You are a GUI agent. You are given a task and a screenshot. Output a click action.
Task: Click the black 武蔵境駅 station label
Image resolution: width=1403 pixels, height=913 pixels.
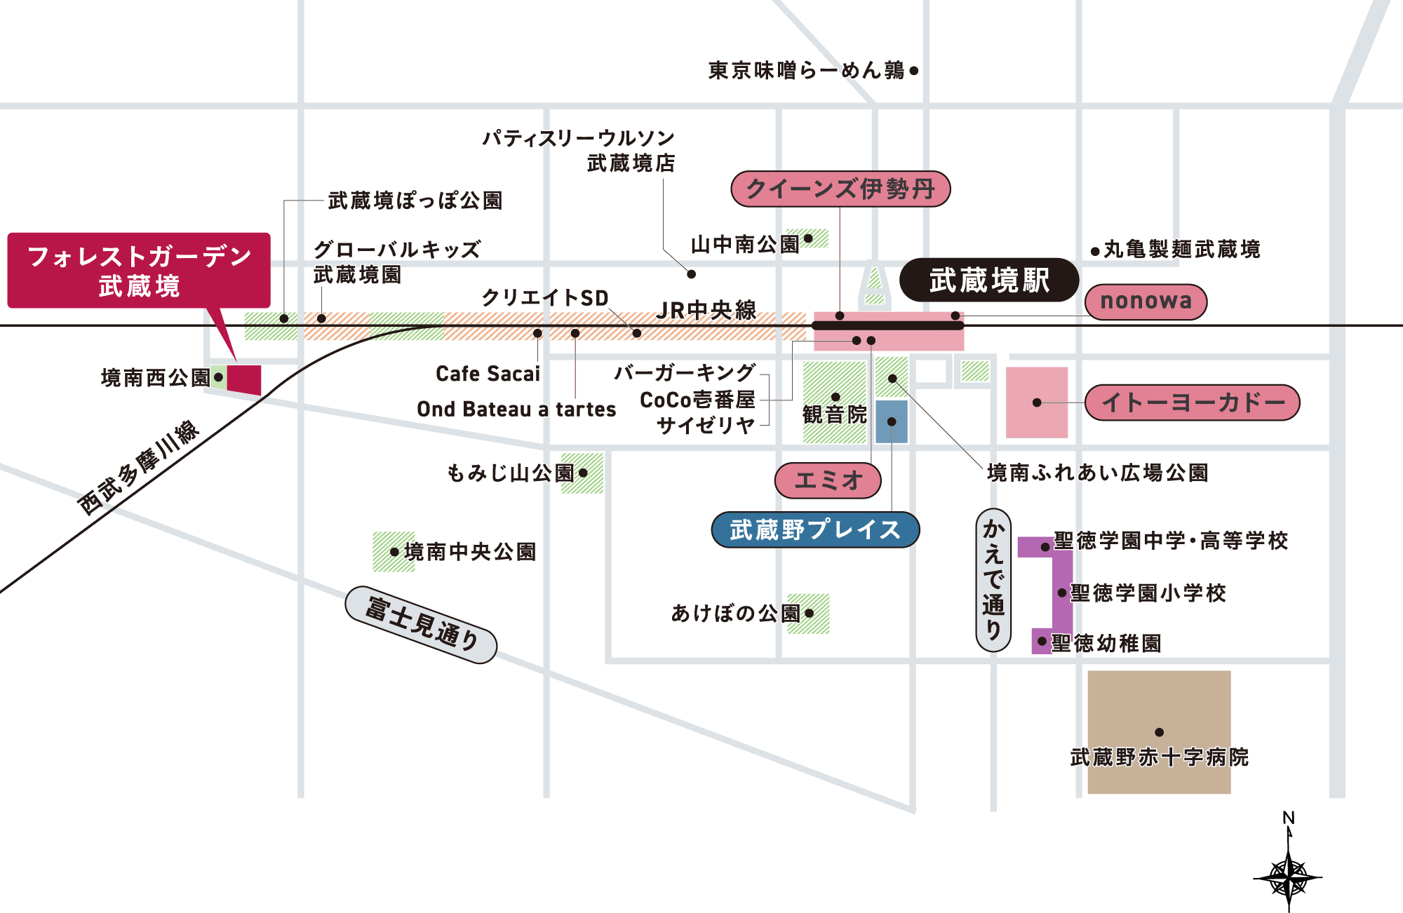(x=988, y=280)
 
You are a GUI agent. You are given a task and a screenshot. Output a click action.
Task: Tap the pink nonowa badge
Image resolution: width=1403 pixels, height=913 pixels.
(x=1146, y=302)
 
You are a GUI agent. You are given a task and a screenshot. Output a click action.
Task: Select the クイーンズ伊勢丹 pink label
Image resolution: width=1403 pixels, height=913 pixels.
(x=840, y=189)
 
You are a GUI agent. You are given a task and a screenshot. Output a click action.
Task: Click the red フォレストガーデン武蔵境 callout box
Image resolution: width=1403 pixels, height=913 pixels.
(x=139, y=271)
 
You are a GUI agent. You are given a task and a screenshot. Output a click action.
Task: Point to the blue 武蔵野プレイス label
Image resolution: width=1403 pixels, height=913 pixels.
(x=815, y=529)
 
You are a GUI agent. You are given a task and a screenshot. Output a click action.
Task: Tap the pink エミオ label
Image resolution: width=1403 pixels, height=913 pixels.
(x=828, y=480)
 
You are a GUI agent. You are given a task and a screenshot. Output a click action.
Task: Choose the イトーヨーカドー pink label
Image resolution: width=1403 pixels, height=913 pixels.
(x=1193, y=403)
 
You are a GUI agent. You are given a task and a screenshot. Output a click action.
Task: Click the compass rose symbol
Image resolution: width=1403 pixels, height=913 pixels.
(x=1289, y=877)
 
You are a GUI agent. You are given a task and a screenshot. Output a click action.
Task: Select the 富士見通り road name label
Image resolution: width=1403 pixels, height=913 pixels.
(x=422, y=625)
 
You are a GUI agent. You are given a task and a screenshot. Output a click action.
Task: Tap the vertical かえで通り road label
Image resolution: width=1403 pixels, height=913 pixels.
(x=993, y=580)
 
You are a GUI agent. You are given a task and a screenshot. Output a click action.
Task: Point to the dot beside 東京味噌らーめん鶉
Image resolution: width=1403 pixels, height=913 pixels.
(x=914, y=71)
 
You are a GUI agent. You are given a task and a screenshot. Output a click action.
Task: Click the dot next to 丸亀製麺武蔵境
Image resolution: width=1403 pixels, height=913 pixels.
(x=1095, y=251)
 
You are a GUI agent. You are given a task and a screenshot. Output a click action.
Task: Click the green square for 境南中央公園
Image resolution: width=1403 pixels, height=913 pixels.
(x=393, y=552)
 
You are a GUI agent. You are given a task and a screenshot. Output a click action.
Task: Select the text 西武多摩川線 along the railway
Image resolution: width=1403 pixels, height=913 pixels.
(x=137, y=468)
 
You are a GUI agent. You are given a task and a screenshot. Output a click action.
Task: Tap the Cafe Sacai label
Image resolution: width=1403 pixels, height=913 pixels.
(x=488, y=374)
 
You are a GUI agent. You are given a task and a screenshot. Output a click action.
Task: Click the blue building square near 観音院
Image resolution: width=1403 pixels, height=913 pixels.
(x=891, y=421)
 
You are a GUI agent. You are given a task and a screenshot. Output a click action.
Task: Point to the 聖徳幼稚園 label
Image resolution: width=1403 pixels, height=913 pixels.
(x=1106, y=643)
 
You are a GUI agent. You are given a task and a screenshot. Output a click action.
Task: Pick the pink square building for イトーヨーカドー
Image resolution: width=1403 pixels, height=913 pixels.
(x=1037, y=403)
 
